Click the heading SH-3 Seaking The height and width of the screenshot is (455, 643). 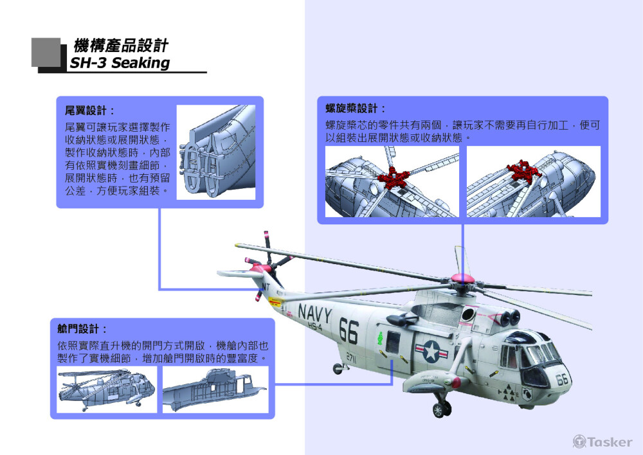click(120, 63)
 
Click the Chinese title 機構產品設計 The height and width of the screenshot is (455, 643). click(121, 46)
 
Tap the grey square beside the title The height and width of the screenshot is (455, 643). click(46, 52)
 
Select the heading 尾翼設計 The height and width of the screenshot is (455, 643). click(90, 111)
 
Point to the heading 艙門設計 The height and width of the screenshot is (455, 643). click(82, 329)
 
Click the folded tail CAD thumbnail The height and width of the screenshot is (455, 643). click(215, 152)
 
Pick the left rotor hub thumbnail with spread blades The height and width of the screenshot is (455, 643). click(392, 181)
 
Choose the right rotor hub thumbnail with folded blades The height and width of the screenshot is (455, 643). click(534, 181)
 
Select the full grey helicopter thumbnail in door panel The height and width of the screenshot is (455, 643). click(107, 389)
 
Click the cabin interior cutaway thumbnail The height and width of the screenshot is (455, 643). click(215, 389)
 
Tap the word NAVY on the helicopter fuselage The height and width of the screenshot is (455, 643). click(314, 314)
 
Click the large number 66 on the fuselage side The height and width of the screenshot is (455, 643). click(349, 332)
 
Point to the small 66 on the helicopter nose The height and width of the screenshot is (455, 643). click(562, 379)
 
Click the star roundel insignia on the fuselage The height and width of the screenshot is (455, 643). click(431, 352)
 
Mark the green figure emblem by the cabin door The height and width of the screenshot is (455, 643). click(380, 338)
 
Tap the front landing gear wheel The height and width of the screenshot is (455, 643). click(441, 409)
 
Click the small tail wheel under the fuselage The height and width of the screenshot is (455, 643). click(338, 369)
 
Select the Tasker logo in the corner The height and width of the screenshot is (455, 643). click(602, 442)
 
